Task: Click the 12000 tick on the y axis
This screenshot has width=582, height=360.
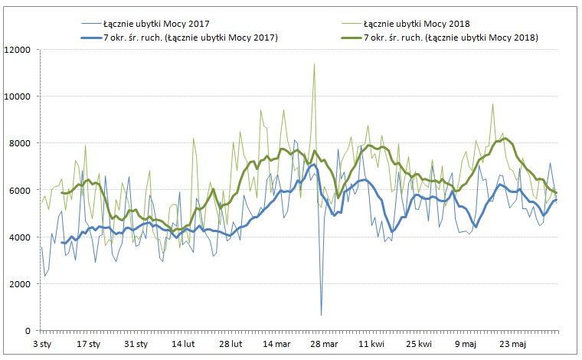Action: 18,50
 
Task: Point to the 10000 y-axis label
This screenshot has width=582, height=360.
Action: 18,97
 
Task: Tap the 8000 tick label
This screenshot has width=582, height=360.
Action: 20,143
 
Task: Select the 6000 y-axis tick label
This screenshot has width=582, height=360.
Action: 20,190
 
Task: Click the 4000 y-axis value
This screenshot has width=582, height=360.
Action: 20,237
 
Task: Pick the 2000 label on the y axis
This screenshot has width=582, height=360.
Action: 20,283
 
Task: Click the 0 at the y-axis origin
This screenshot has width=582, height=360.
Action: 28,330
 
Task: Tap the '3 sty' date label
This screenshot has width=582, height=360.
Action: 41,345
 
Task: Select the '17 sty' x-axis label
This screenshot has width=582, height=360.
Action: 88,345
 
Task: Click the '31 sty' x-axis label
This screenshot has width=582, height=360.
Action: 135,345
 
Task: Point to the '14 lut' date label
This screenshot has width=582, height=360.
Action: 182,345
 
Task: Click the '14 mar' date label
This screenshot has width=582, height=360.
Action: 276,345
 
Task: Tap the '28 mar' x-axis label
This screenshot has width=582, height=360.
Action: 324,345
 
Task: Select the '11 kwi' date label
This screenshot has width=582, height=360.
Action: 371,345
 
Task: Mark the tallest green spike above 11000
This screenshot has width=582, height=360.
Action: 314,64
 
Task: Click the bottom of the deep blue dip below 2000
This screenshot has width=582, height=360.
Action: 321,315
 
